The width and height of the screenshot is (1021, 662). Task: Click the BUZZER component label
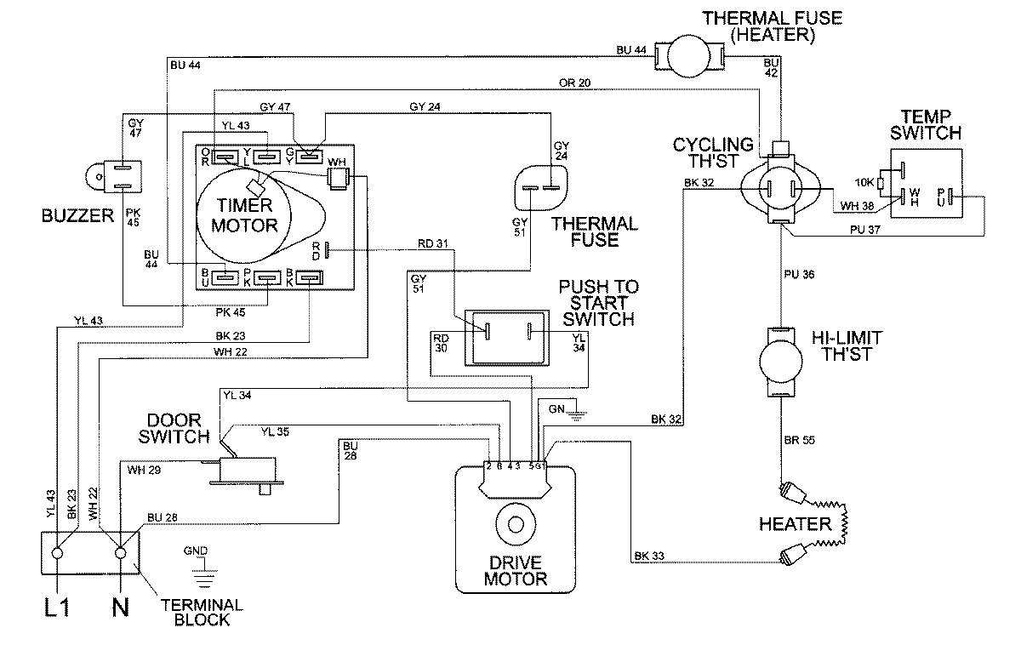77,216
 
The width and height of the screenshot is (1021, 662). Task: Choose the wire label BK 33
649,556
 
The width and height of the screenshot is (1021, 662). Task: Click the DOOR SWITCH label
179,428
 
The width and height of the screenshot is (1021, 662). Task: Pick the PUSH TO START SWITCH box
508,333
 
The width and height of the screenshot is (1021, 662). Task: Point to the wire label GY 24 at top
425,107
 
